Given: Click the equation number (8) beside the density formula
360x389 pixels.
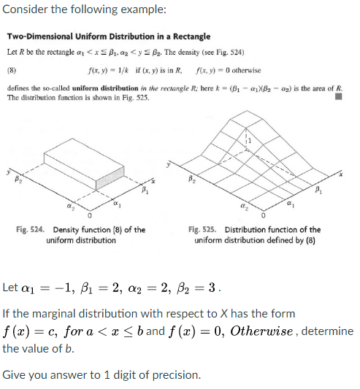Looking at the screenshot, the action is tap(11, 71).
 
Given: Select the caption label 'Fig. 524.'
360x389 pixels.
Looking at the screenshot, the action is tap(34, 230).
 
